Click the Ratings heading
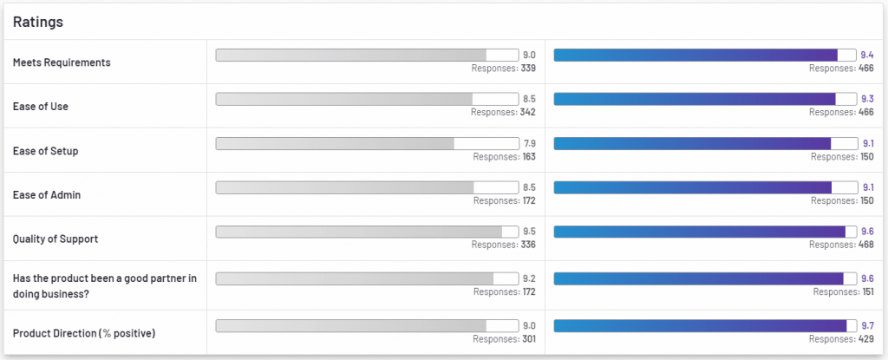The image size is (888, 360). (x=37, y=22)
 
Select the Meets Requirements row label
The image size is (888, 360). (x=62, y=62)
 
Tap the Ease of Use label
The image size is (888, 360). (x=41, y=107)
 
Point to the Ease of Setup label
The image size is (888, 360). (x=46, y=151)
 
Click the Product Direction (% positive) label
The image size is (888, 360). (x=85, y=334)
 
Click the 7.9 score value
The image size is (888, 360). (x=529, y=143)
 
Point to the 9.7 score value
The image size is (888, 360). (x=867, y=325)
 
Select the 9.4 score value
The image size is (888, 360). (x=867, y=55)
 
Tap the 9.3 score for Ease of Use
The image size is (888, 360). (x=867, y=99)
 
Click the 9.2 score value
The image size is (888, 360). (x=529, y=278)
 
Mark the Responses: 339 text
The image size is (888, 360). (x=503, y=68)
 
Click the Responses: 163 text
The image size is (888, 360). (x=504, y=156)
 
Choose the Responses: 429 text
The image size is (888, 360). (x=841, y=338)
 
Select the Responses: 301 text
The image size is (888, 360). (x=504, y=338)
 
